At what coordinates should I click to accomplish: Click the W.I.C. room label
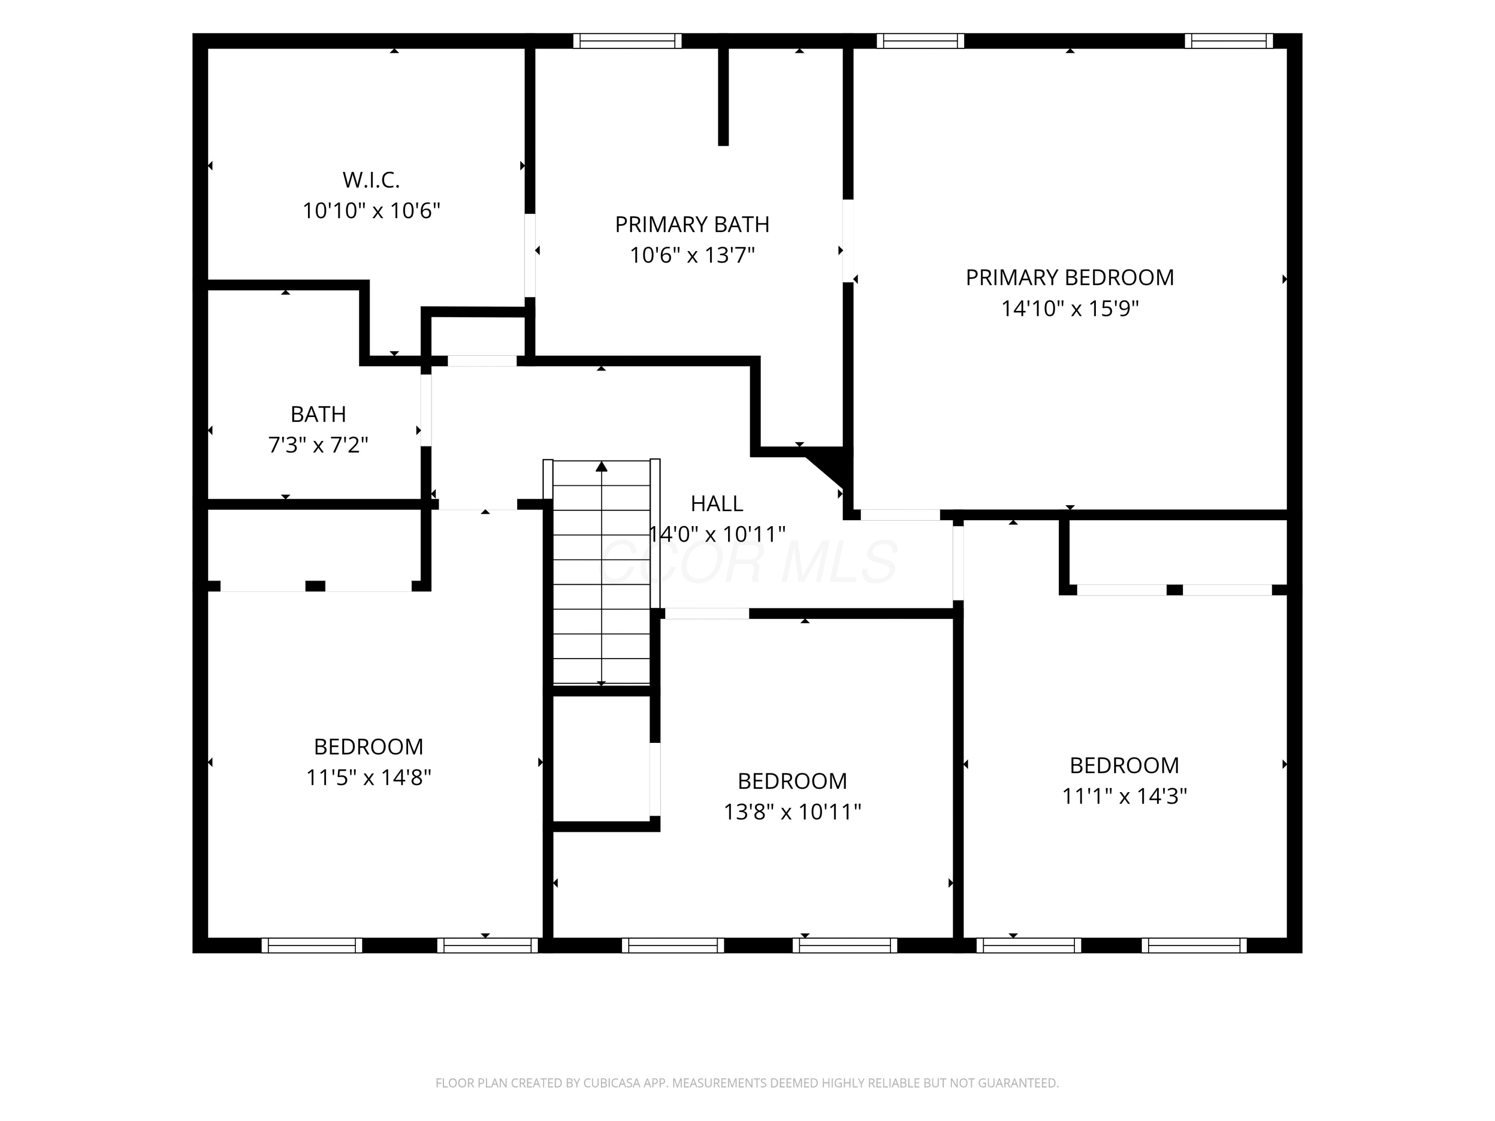pyautogui.click(x=371, y=180)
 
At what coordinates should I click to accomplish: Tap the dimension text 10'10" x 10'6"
pyautogui.click(x=371, y=211)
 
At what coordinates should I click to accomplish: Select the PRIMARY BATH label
pyautogui.click(x=692, y=224)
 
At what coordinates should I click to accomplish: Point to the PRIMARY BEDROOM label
pyautogui.click(x=1070, y=278)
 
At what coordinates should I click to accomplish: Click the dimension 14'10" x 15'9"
pyautogui.click(x=1070, y=309)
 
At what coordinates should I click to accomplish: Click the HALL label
pyautogui.click(x=717, y=503)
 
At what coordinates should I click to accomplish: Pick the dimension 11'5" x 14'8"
pyautogui.click(x=369, y=778)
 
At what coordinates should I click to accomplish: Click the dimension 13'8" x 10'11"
pyautogui.click(x=792, y=812)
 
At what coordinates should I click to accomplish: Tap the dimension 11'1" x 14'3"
pyautogui.click(x=1125, y=797)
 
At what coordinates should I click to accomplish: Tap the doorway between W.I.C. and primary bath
pyautogui.click(x=531, y=256)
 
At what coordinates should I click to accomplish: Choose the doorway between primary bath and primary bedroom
pyautogui.click(x=848, y=241)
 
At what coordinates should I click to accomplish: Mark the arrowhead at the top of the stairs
pyautogui.click(x=601, y=466)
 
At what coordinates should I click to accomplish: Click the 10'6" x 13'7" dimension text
pyautogui.click(x=692, y=256)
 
